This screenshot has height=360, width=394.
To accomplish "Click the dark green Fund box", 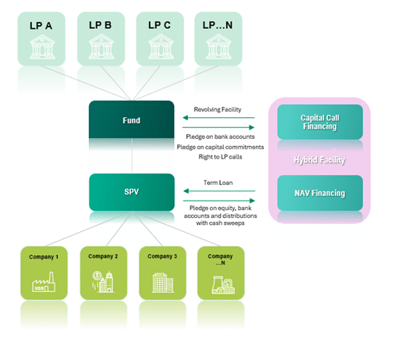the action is (x=131, y=119).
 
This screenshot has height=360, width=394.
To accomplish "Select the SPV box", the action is (x=132, y=192).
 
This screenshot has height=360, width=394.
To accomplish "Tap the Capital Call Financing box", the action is (x=320, y=122).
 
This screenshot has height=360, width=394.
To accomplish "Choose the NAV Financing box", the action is (x=320, y=193).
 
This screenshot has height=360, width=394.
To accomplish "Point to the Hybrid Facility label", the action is (x=320, y=160).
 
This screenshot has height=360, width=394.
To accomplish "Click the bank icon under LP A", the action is (x=42, y=47).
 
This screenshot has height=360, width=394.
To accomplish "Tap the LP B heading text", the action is (x=100, y=25).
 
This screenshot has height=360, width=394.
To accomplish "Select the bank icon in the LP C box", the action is (x=161, y=47).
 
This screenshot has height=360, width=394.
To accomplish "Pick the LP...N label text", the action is (x=218, y=25).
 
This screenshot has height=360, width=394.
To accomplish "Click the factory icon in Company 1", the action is (x=44, y=282).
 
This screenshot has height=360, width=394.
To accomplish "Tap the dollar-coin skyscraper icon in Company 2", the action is (x=103, y=282).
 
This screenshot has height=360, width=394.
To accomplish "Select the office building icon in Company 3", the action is (x=162, y=283).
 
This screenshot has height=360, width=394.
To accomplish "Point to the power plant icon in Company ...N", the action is (x=223, y=285).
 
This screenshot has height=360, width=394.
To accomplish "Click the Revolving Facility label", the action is (x=218, y=109).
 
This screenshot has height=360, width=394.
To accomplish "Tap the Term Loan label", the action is (x=218, y=183).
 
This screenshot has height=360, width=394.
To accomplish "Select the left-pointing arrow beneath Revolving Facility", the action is (x=218, y=118).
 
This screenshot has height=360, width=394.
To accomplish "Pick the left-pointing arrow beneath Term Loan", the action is (x=219, y=191).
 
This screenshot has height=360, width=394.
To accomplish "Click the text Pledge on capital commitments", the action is (x=220, y=147).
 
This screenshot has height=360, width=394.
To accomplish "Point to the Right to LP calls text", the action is (x=220, y=157).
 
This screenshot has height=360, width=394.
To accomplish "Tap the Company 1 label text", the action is (x=44, y=257).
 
